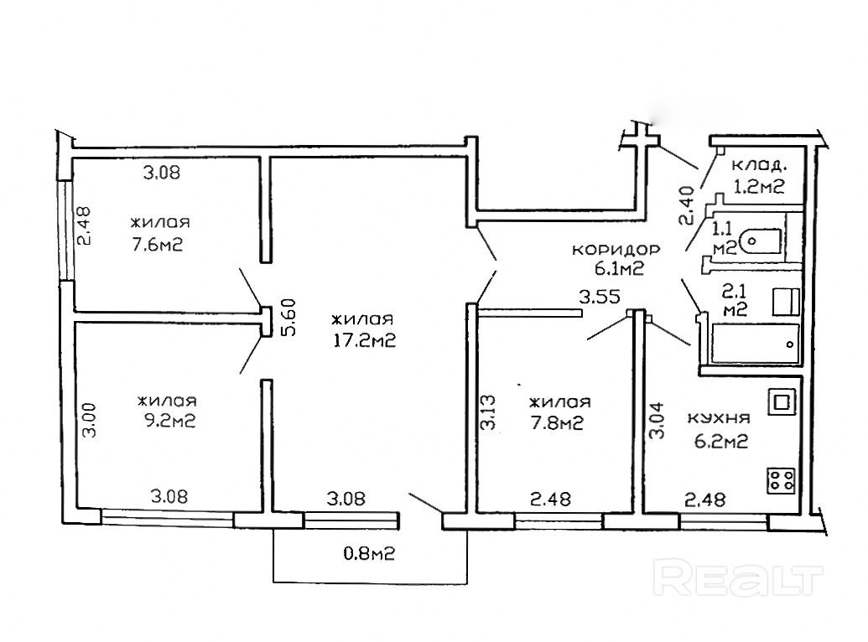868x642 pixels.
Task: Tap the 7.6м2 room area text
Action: click(157, 244)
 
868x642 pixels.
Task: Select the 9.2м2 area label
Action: click(167, 421)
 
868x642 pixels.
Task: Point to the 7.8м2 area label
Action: click(557, 423)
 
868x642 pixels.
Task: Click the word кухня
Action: click(718, 418)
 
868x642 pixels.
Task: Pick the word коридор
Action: click(616, 250)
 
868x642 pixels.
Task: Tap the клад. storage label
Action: click(758, 165)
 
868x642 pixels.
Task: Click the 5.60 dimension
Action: click(289, 317)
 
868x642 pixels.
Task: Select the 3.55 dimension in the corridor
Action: click(599, 298)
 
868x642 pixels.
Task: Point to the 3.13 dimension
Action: click(489, 412)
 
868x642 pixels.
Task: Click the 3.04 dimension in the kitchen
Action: click(657, 420)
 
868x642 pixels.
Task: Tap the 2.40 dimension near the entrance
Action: click(686, 205)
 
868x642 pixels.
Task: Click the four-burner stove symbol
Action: click(781, 480)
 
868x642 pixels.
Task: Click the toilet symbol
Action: click(763, 241)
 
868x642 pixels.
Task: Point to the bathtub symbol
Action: click(755, 344)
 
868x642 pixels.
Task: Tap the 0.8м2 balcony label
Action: click(369, 553)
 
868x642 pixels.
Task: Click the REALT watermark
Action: click(738, 580)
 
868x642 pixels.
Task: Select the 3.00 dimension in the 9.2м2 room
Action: click(89, 420)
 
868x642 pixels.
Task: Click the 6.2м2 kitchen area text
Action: click(720, 441)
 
